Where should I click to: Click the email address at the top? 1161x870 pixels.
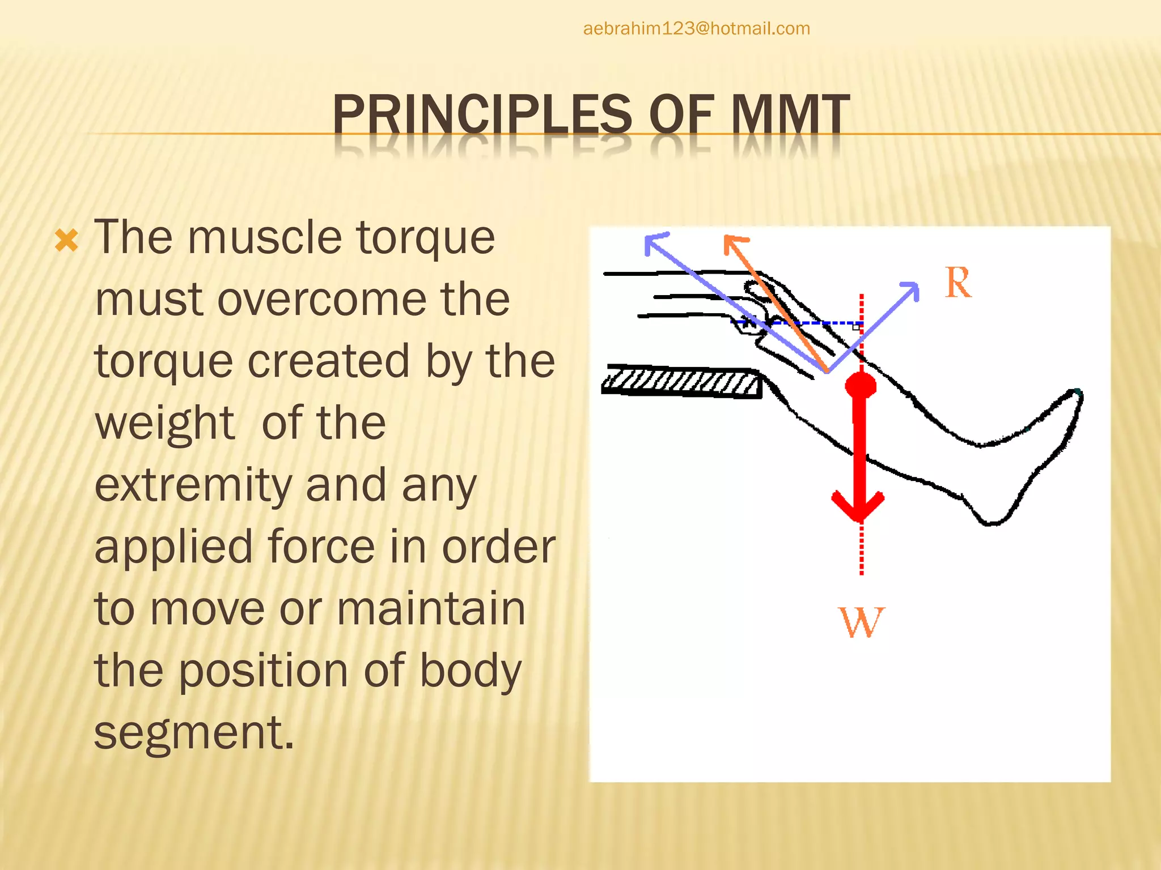pos(696,29)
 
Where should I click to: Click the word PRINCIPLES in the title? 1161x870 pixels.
pos(482,114)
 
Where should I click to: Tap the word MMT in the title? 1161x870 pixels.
pos(790,114)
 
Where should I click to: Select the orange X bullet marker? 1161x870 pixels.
pos(67,241)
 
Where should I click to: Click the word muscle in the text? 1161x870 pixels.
pos(264,238)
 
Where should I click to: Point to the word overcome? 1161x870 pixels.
pos(321,300)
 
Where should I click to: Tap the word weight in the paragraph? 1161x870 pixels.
pos(164,423)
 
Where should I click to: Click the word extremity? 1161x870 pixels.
pos(193,486)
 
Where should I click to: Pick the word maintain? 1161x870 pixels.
pos(431,609)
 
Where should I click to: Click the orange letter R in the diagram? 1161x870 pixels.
pos(958,283)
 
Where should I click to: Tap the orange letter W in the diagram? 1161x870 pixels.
pos(861,622)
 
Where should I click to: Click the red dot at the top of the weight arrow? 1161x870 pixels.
pos(861,386)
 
